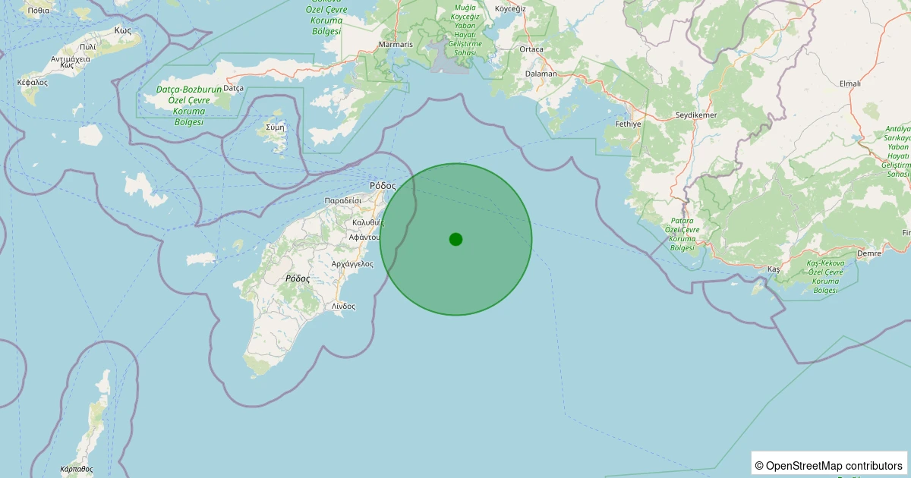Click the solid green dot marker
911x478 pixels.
pyautogui.click(x=455, y=239)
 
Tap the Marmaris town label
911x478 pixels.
pyautogui.click(x=396, y=45)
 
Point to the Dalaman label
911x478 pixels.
pyautogui.click(x=542, y=74)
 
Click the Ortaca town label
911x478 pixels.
pyautogui.click(x=531, y=49)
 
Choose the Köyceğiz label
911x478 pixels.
pyautogui.click(x=510, y=8)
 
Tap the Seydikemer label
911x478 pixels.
pyautogui.click(x=696, y=115)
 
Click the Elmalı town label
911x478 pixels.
pyautogui.click(x=850, y=83)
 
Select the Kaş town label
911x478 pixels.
pyautogui.click(x=774, y=269)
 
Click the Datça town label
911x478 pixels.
pyautogui.click(x=233, y=89)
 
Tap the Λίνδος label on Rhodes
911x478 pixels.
pyautogui.click(x=343, y=307)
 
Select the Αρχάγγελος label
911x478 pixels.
pyautogui.click(x=352, y=264)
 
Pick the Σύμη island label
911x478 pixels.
pyautogui.click(x=276, y=127)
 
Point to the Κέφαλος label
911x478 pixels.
pyautogui.click(x=32, y=82)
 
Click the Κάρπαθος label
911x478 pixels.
pyautogui.click(x=76, y=470)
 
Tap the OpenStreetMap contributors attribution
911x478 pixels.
pyautogui.click(x=829, y=465)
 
